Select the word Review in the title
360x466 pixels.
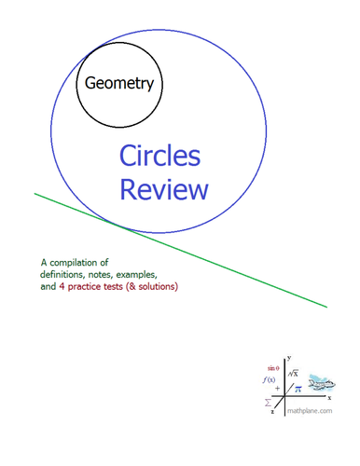tap(164, 190)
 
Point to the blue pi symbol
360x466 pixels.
tap(298, 389)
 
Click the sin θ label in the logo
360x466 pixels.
tap(273, 370)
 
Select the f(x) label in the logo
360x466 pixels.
tap(270, 381)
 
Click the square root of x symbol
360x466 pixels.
tap(292, 373)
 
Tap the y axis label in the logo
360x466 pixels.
tap(290, 356)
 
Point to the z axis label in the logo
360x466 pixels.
tap(272, 411)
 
